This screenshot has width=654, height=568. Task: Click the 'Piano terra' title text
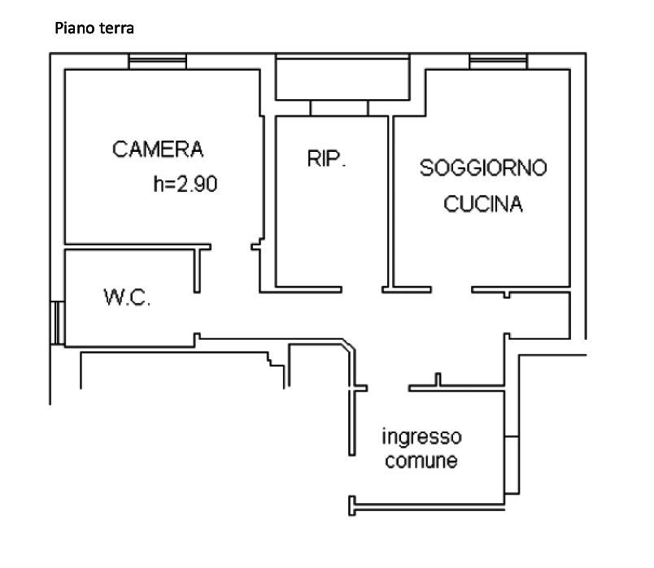(94, 28)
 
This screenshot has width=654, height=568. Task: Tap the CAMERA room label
(158, 150)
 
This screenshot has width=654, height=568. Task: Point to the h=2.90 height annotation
(185, 184)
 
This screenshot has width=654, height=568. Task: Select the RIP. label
(326, 158)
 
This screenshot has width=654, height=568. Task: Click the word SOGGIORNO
(483, 168)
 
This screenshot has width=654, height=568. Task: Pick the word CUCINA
(483, 204)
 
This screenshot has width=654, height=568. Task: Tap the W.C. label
(127, 297)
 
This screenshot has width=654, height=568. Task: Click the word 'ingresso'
(421, 437)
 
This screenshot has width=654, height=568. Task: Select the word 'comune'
(421, 461)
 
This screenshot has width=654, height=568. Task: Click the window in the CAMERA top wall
(157, 62)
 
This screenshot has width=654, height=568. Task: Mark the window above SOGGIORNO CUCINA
(499, 62)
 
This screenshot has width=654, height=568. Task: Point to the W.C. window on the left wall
(58, 323)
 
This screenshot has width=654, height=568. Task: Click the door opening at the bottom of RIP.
(362, 289)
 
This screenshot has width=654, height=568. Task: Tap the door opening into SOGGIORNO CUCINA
(451, 289)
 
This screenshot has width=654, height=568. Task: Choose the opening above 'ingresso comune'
(388, 388)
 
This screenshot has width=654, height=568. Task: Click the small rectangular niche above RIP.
(339, 108)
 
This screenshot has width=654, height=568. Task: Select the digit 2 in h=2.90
(182, 184)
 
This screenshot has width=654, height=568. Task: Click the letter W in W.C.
(112, 297)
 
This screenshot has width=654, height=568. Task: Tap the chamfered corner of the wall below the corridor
(349, 345)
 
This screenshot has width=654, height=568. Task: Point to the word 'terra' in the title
(117, 28)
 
